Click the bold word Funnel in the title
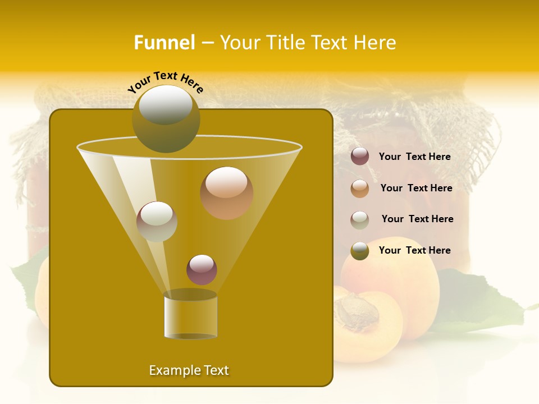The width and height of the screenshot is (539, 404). pos(165,43)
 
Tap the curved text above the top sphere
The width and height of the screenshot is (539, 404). pos(166,82)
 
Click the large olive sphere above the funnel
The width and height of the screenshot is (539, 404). pos(166,118)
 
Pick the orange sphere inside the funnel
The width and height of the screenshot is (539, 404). pos(226,192)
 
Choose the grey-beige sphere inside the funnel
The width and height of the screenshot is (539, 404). pos(157,221)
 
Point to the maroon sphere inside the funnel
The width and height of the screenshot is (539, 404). pos(202,269)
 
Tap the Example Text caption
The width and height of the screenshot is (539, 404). pos(189,370)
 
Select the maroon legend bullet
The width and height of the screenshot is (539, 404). pos(360,157)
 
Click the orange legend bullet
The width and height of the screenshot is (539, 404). pos(360,189)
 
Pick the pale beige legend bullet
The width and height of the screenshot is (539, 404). pos(360,219)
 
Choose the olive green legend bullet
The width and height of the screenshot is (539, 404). pos(360,251)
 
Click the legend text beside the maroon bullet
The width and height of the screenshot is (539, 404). pos(414,157)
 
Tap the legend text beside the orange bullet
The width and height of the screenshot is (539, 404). pos(416,189)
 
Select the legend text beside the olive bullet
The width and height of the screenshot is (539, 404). pos(414,250)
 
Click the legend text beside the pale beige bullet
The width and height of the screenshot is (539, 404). pos(417,219)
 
